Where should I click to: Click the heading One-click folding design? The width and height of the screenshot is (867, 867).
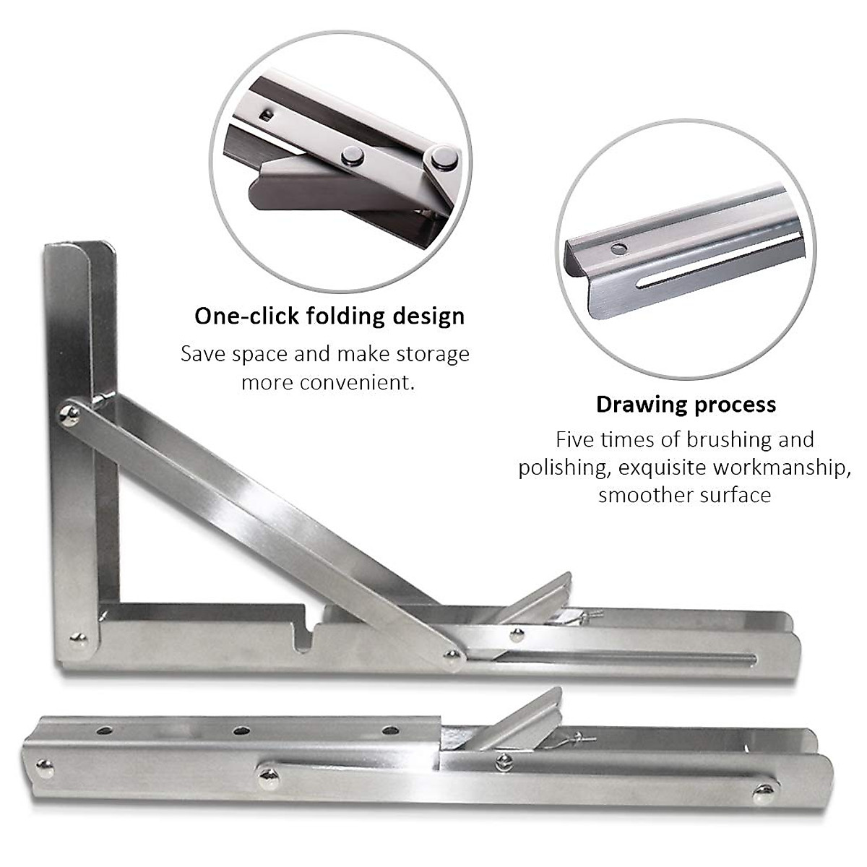(x=329, y=316)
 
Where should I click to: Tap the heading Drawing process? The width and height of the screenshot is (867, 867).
(x=686, y=404)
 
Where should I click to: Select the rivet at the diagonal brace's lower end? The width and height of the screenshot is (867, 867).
(x=453, y=655)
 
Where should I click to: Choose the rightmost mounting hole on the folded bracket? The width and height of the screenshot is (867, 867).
(x=390, y=730)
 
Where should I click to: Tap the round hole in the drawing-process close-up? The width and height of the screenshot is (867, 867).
(x=618, y=249)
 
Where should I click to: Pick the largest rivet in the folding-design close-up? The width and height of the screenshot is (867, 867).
(x=442, y=158)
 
